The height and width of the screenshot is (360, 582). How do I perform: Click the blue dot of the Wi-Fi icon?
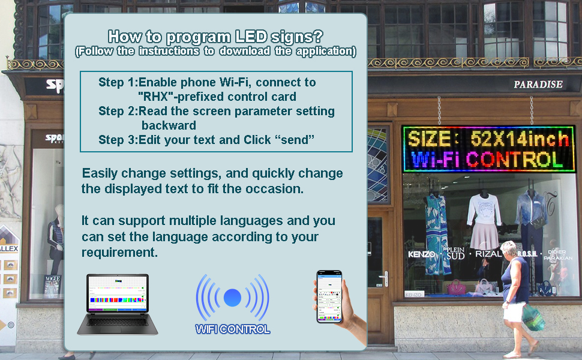232,298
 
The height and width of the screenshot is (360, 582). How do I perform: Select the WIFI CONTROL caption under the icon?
232,329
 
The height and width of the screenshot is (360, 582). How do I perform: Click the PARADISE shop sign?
538,85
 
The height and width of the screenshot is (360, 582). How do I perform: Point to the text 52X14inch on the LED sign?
520,139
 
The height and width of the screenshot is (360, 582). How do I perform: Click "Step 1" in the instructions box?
118,82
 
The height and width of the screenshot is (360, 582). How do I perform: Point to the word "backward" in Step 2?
169,125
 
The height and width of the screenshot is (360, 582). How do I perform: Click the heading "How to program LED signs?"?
215,36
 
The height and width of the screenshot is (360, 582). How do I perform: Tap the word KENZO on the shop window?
421,254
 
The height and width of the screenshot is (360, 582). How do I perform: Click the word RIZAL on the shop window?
488,254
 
